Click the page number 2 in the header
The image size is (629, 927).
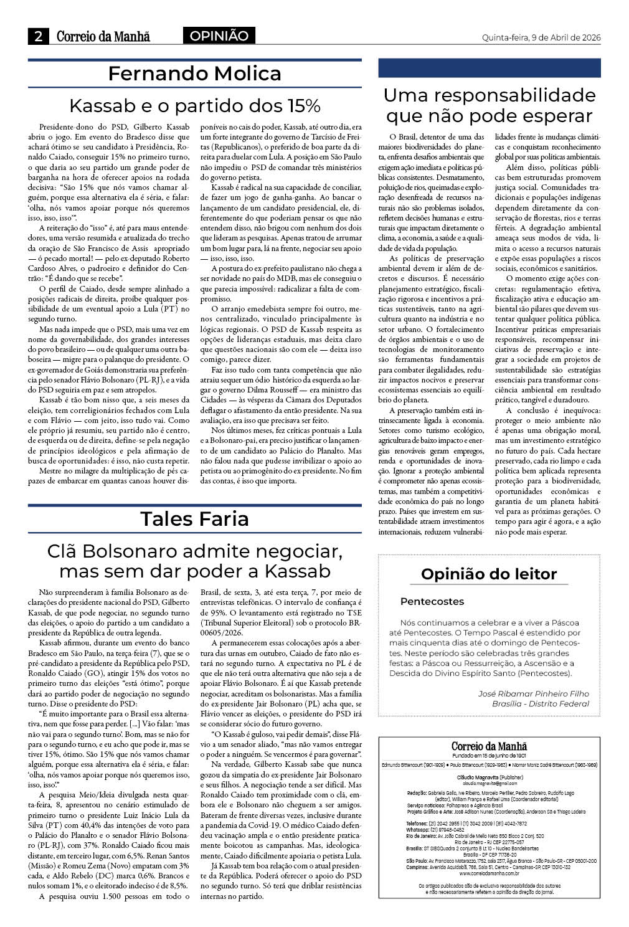39,37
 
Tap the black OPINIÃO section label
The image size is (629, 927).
219,36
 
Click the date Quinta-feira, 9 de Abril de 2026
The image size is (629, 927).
541,37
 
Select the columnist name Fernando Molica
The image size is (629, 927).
194,74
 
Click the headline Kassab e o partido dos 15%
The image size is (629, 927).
194,104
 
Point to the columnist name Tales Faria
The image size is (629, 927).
194,518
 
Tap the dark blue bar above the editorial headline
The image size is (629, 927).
489,68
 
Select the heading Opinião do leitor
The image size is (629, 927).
489,574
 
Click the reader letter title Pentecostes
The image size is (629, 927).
432,602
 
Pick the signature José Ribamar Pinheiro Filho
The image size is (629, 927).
533,693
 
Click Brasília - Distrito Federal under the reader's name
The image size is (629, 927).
540,704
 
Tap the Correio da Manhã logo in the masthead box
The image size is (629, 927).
489,746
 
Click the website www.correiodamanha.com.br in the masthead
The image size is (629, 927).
489,873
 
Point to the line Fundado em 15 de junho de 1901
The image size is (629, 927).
489,756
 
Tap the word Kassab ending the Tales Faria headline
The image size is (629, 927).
298,571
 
